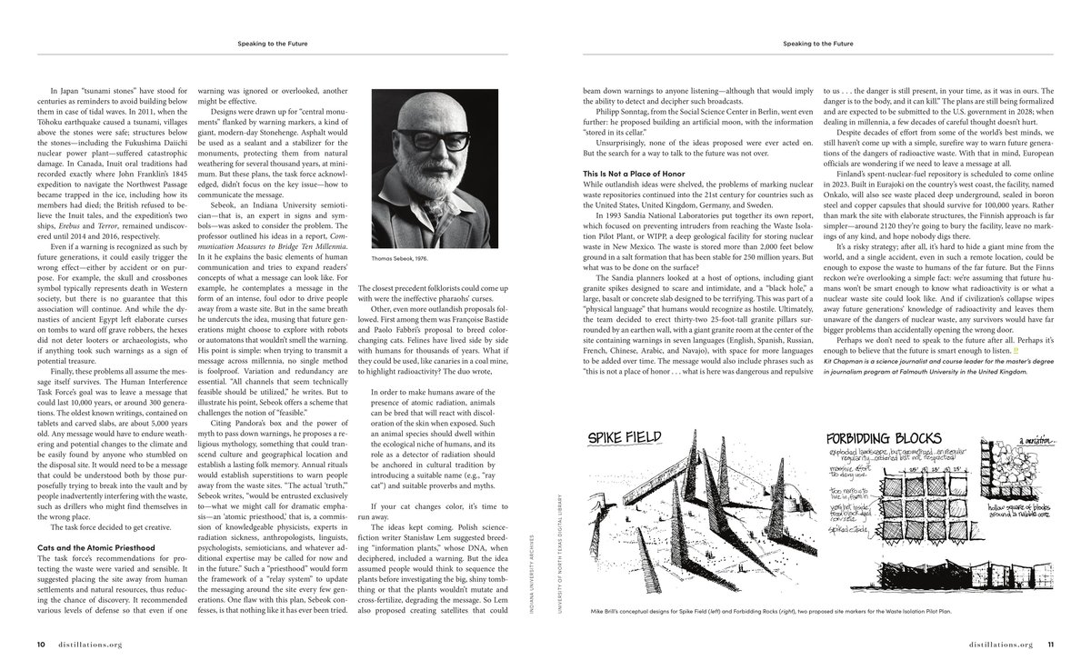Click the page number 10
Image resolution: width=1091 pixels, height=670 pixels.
click(x=41, y=645)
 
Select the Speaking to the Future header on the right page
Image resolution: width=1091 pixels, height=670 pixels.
click(x=818, y=43)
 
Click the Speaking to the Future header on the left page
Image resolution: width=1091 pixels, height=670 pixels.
click(x=273, y=43)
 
